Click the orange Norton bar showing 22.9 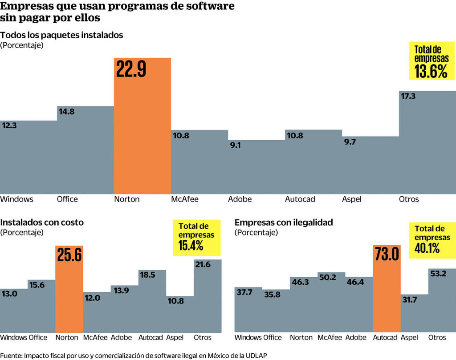[x=142, y=125]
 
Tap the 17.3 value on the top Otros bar [x=408, y=96]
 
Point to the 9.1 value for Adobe [x=235, y=145]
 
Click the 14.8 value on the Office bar [x=67, y=111]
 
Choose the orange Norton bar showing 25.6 [x=69, y=289]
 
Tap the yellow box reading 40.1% [x=431, y=239]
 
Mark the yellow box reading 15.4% [x=196, y=238]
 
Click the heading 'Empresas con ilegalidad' [x=284, y=222]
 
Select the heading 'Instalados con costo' [x=42, y=222]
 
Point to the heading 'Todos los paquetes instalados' [x=61, y=35]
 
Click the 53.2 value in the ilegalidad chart [x=438, y=273]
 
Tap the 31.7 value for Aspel [x=410, y=299]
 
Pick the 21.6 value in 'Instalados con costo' [x=202, y=264]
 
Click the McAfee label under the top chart [x=185, y=199]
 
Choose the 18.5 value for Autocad [x=147, y=275]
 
